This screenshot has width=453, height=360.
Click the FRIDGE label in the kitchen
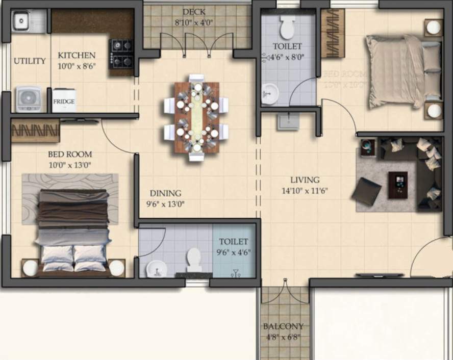[64, 102]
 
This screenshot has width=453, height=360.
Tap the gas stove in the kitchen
[121, 54]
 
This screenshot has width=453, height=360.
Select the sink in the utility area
[21, 21]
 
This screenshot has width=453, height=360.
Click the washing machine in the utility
[28, 98]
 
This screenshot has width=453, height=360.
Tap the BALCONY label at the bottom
[283, 326]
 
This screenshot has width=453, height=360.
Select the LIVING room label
[305, 180]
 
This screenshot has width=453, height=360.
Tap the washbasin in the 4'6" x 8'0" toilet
[270, 93]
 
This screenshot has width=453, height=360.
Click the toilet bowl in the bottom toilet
[194, 259]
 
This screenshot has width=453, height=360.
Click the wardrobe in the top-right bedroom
[333, 34]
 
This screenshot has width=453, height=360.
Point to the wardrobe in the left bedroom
[36, 131]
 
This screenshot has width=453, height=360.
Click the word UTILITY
[30, 61]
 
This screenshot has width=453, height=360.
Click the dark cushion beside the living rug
[367, 191]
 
